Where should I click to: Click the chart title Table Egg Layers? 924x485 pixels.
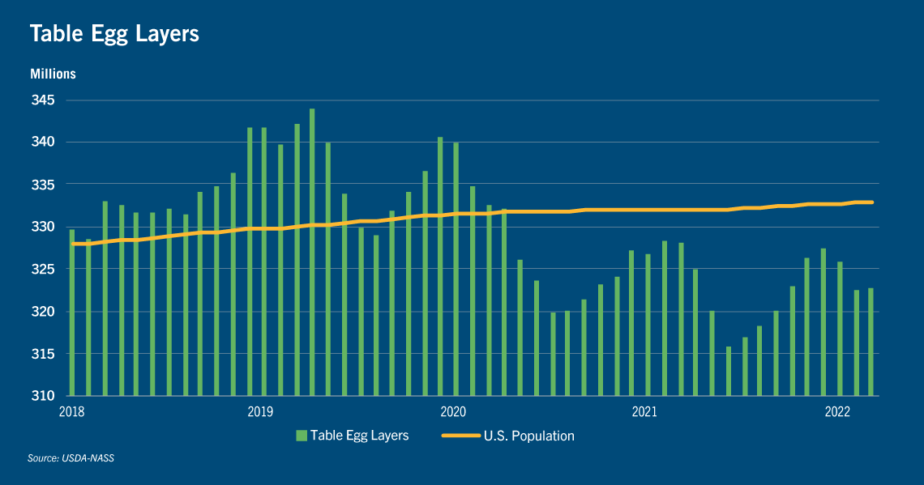(x=114, y=33)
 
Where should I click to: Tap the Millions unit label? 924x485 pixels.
(x=53, y=74)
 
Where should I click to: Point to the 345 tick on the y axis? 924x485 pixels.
(x=43, y=100)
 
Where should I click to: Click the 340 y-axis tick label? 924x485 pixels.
(x=43, y=142)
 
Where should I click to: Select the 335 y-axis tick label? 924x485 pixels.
(x=43, y=185)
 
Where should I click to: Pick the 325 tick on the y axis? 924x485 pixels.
(x=43, y=269)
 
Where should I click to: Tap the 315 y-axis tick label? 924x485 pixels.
(x=43, y=354)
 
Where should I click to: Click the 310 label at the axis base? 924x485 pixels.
(x=43, y=396)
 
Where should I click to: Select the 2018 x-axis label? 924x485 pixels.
(x=72, y=412)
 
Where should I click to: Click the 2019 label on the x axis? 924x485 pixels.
(x=260, y=412)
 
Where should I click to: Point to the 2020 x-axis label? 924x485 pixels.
(x=453, y=412)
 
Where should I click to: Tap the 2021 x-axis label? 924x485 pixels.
(x=644, y=412)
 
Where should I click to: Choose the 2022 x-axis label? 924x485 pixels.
(x=837, y=412)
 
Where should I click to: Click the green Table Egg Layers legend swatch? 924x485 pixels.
(x=302, y=436)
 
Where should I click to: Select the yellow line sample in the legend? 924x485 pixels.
(x=461, y=436)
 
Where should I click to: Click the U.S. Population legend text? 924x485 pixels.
(x=529, y=436)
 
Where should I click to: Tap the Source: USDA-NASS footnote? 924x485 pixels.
(x=71, y=458)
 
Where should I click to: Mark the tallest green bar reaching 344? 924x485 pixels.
(x=312, y=252)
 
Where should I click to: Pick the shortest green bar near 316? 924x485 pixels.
(x=729, y=371)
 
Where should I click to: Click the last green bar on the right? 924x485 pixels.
(x=871, y=342)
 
